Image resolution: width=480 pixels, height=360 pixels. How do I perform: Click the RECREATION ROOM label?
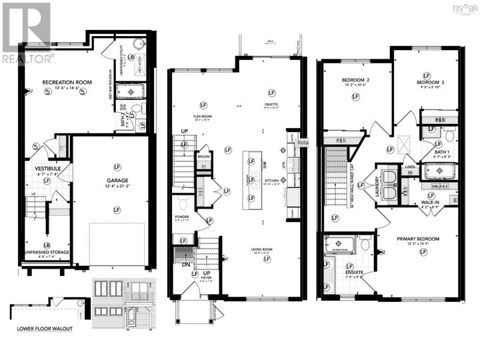(x=67, y=83)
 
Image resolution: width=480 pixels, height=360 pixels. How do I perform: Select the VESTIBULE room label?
(x=47, y=169)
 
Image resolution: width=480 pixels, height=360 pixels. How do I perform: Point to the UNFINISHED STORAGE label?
(x=47, y=253)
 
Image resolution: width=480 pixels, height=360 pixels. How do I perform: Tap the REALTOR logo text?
(x=27, y=59)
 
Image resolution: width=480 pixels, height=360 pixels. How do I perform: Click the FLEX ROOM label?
(x=202, y=116)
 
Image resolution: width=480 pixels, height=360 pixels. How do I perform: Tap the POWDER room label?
(x=181, y=217)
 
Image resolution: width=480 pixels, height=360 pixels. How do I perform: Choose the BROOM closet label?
(x=203, y=157)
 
